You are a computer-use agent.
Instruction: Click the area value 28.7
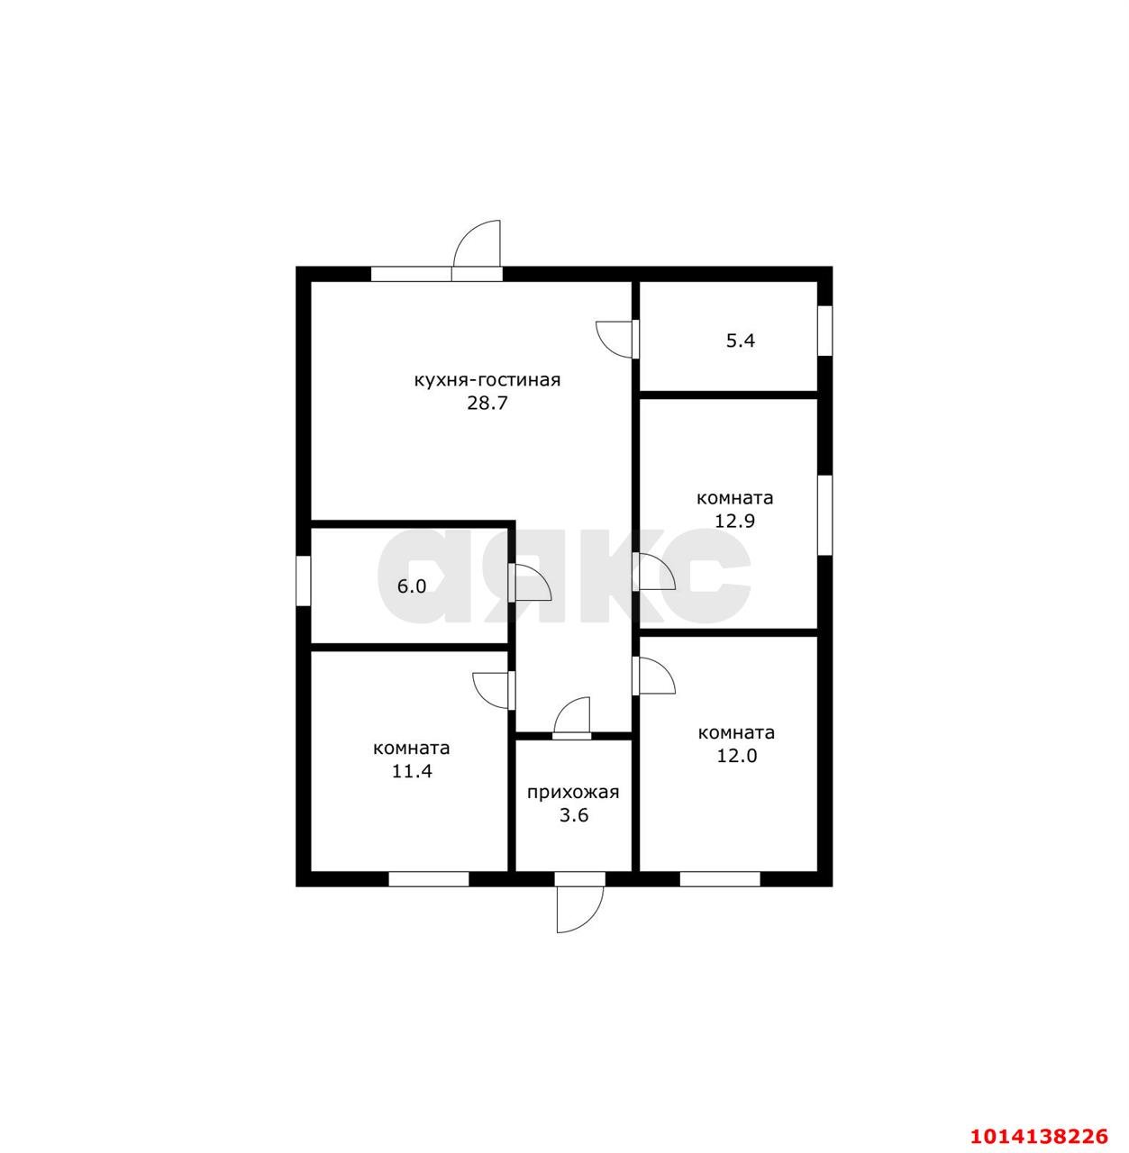[487, 403]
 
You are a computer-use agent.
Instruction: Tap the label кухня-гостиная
[487, 380]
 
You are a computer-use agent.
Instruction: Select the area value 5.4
[741, 341]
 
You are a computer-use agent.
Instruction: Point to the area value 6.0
[412, 586]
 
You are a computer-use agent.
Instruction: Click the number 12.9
[734, 521]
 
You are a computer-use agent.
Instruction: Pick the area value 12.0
[737, 756]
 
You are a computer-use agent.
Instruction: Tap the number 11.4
[412, 771]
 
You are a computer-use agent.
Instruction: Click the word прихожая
[573, 793]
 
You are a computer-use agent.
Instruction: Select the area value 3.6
[574, 815]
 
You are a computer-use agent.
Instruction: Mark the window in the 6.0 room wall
[304, 581]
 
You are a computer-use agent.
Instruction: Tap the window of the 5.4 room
[825, 331]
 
